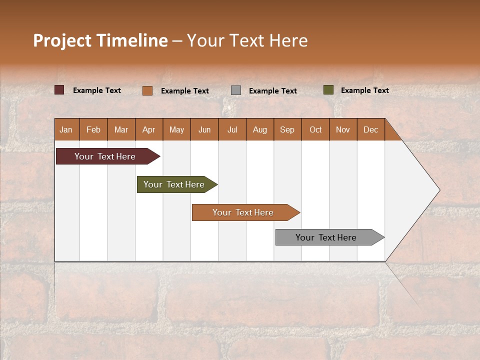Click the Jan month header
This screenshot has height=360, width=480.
(66, 129)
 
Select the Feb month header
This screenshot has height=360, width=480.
(93, 129)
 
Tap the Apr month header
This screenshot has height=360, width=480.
(148, 129)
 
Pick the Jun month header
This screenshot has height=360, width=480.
(204, 129)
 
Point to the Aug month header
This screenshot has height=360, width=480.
(259, 129)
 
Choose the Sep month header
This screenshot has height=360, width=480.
(287, 129)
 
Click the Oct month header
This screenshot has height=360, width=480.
(315, 129)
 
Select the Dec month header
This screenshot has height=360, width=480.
(370, 129)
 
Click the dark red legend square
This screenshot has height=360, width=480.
(59, 90)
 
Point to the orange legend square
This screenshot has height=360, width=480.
(147, 90)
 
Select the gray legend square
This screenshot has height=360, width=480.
(236, 90)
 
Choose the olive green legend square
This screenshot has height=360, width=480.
(328, 90)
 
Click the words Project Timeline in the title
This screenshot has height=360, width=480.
(100, 40)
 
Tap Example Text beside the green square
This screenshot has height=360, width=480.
(364, 90)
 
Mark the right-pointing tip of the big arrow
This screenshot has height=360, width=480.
(438, 190)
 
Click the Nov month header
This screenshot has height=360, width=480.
(342, 129)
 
